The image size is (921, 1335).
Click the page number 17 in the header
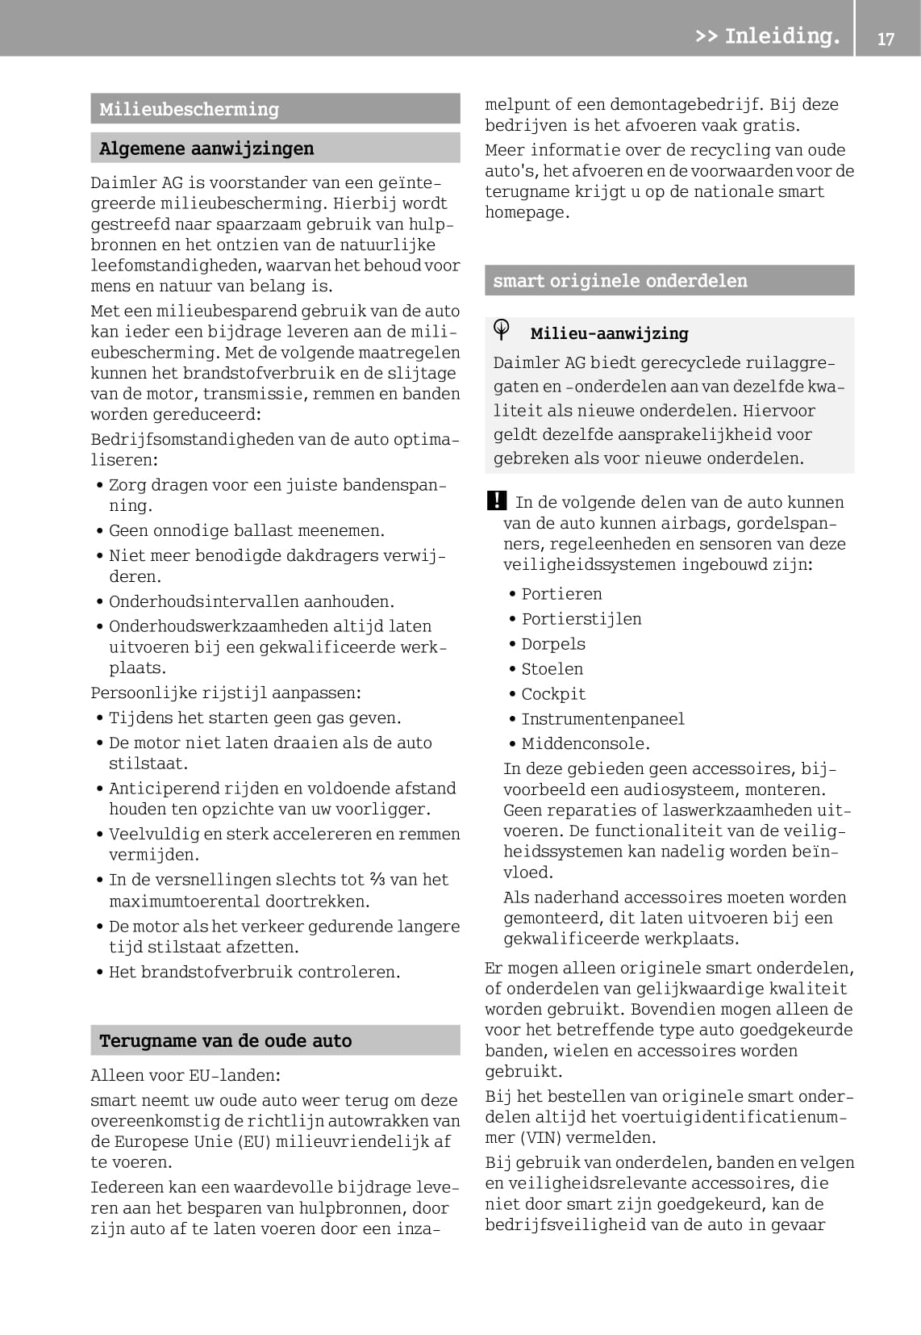886,38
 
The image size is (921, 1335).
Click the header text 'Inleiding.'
781,36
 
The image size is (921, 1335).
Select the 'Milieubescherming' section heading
189,109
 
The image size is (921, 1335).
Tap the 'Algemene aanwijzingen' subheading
206,149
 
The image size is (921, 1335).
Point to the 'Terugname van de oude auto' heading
225,1040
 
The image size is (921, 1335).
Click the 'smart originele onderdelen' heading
619,280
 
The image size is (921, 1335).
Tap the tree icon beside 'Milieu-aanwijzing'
502,329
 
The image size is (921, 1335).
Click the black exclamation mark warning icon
497,500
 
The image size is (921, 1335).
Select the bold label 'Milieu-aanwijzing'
609,333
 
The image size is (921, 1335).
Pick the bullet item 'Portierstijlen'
581,619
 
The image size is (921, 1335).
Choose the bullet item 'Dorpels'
552,644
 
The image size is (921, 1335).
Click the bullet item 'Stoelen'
552,669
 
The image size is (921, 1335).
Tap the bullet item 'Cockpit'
553,694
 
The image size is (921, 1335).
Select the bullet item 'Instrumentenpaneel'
602,719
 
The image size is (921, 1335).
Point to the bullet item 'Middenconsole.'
585,744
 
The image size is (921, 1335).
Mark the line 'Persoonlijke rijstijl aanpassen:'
226,693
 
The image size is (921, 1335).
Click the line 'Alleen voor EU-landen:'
185,1075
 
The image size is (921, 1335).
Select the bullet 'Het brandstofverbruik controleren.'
254,972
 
